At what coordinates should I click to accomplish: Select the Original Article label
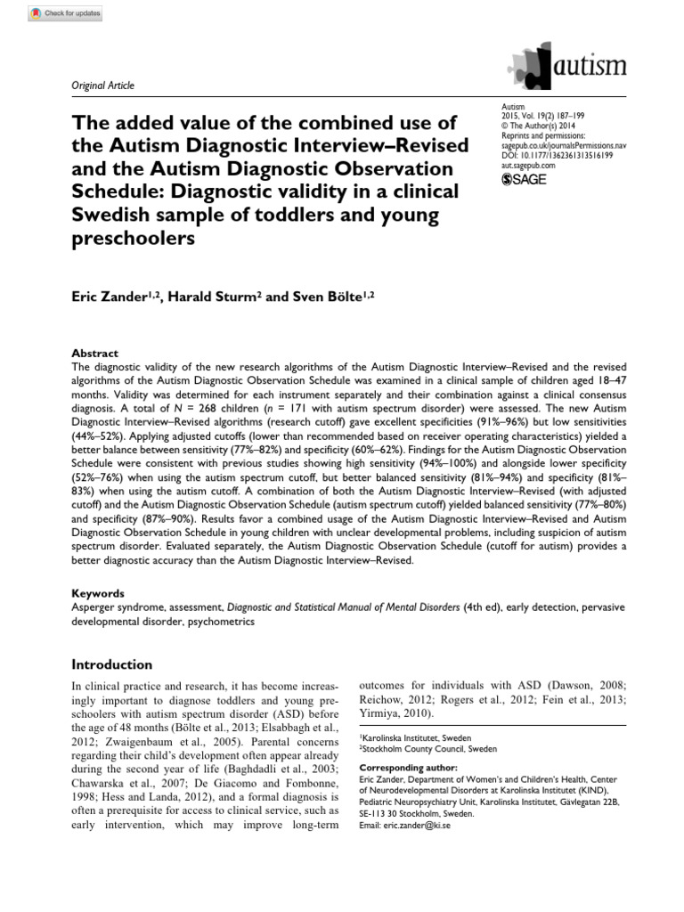point(102,85)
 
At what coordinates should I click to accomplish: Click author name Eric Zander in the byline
point(111,297)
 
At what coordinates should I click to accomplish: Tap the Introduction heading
point(111,664)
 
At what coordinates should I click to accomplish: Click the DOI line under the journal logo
point(558,157)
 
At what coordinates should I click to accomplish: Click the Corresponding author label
point(408,767)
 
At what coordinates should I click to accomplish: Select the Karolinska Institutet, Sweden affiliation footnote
point(415,738)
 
